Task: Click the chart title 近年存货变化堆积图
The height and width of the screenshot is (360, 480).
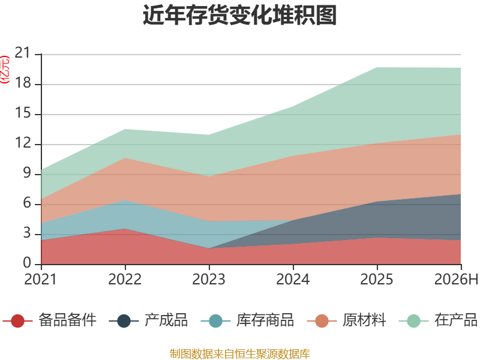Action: click(x=239, y=15)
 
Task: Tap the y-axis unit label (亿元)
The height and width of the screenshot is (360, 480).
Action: click(x=5, y=70)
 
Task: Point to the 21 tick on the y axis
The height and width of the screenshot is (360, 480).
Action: click(x=23, y=53)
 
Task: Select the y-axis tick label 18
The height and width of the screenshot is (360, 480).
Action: click(x=23, y=83)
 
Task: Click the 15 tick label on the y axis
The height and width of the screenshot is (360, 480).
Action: click(x=23, y=113)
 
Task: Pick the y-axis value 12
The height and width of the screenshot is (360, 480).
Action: click(x=23, y=143)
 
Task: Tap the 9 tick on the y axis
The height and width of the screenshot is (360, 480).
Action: click(x=27, y=173)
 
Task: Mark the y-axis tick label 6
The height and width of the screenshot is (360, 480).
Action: click(x=27, y=203)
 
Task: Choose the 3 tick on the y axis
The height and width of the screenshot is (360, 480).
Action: click(x=27, y=233)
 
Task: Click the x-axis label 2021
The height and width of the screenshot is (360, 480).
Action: click(x=41, y=279)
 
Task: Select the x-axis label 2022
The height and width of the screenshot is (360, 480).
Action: click(x=125, y=279)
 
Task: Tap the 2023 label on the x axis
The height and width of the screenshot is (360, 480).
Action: click(x=209, y=279)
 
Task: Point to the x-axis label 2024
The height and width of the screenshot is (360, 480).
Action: click(x=293, y=279)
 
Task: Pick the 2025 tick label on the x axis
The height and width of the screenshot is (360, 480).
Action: click(x=377, y=279)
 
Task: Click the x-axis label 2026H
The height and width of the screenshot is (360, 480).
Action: click(x=456, y=279)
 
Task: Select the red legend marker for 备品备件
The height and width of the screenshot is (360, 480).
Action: click(x=17, y=321)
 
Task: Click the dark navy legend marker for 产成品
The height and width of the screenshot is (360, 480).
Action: click(x=124, y=321)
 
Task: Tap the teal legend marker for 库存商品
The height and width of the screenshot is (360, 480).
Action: click(x=215, y=321)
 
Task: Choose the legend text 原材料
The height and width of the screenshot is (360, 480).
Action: click(x=364, y=320)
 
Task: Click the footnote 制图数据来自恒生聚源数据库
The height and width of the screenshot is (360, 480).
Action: click(x=240, y=353)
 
